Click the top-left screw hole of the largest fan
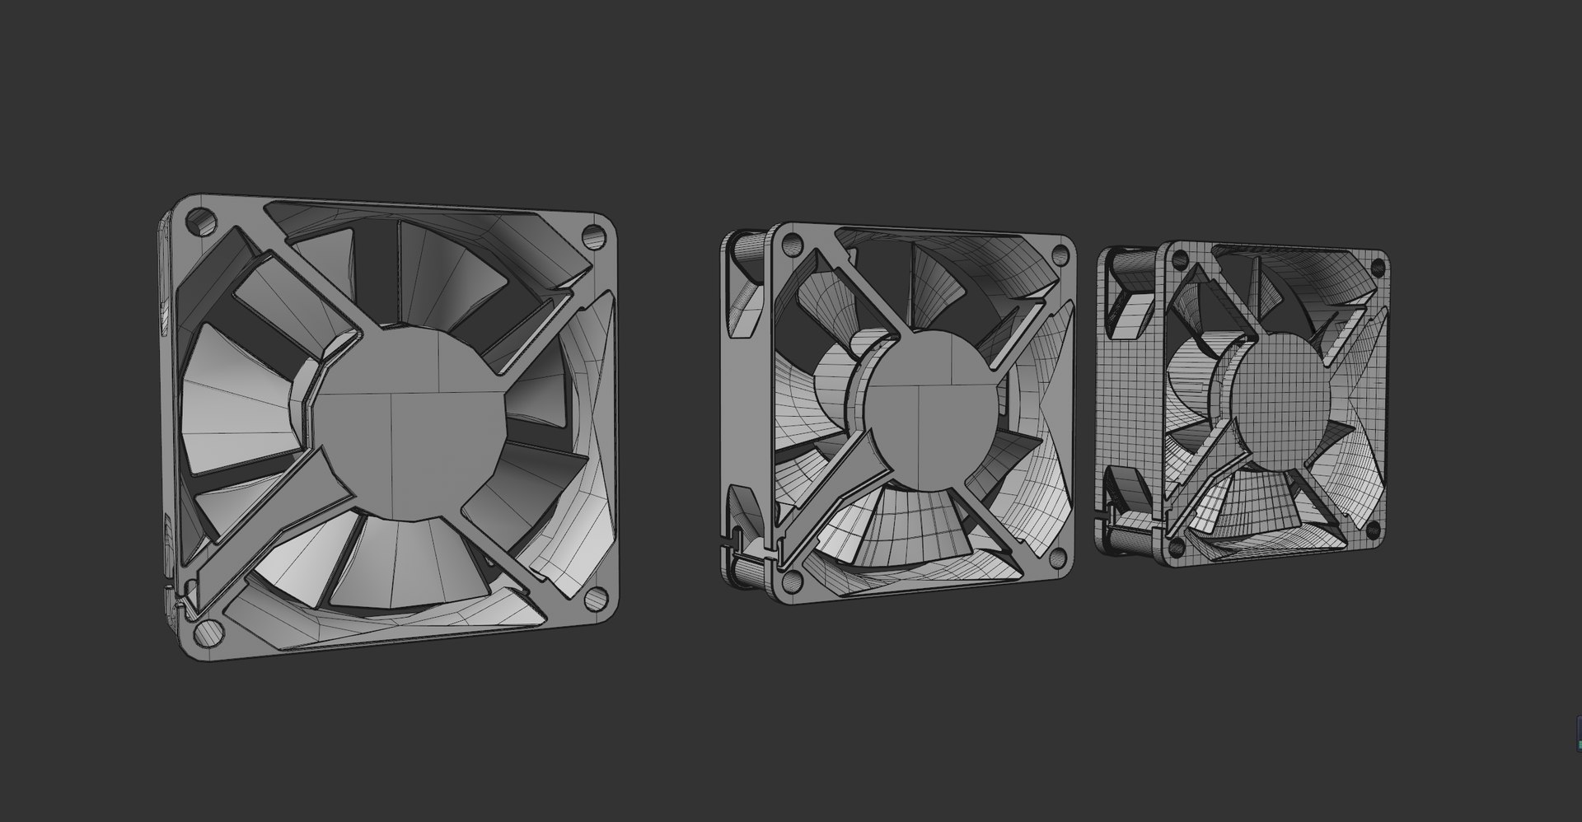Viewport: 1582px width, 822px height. tap(198, 220)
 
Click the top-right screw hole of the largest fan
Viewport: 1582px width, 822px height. tap(592, 235)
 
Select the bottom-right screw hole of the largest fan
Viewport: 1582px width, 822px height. tap(594, 601)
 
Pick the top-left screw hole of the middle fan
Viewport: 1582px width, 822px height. tap(791, 243)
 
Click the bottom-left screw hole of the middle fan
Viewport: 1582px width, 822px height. tap(791, 582)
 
